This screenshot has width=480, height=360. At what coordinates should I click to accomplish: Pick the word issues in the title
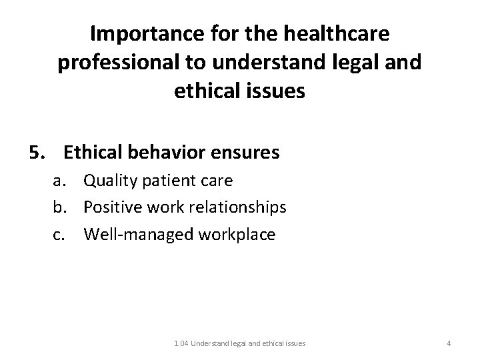tap(275, 91)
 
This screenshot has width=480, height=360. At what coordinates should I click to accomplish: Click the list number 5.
tap(36, 153)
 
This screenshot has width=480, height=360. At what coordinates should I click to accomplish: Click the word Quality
tap(109, 181)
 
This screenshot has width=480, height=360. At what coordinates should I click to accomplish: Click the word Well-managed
tap(131, 235)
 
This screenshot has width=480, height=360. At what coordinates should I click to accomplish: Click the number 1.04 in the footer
tap(181, 343)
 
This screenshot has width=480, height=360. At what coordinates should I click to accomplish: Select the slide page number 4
tap(449, 343)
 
